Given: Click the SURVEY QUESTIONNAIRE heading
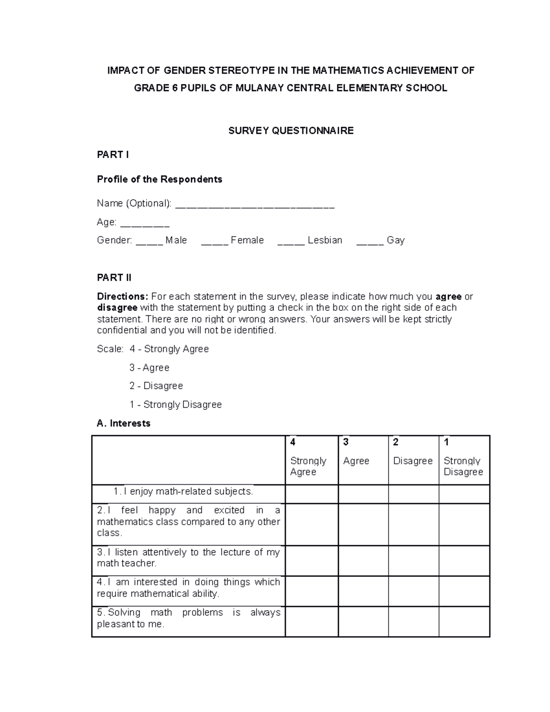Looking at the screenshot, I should pos(291,131).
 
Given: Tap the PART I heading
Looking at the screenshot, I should pos(113,155).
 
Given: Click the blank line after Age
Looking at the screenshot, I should pos(144,223).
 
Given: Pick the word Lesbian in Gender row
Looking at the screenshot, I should pos(325,240).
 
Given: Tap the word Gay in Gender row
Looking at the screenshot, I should pos(396,240).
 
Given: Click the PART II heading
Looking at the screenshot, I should pos(114,278).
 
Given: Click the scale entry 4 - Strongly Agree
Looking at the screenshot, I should pos(169,349).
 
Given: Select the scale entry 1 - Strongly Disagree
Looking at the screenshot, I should pos(176,404).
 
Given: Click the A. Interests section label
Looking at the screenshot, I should pos(124,423).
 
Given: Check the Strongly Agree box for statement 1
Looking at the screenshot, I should pos(312,494).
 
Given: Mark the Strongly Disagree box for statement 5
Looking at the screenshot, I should pos(464,622).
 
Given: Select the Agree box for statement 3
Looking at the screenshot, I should pos(363,561).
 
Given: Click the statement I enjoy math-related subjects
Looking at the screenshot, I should pos(183,491).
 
